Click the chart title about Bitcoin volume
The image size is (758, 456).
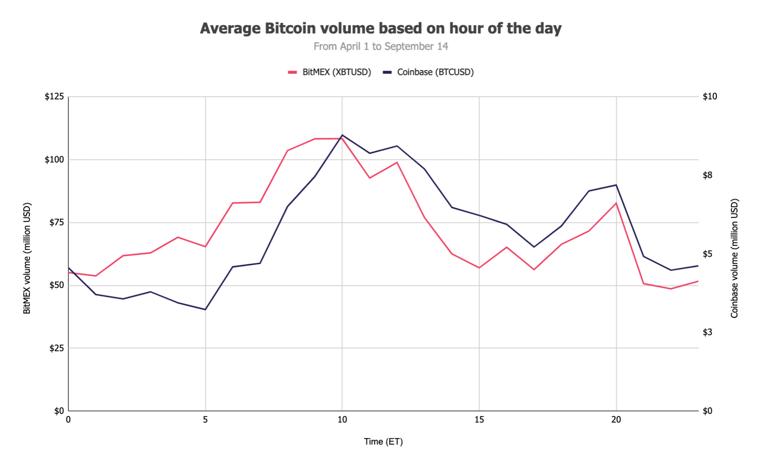(380, 28)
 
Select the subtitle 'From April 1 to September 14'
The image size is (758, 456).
(380, 46)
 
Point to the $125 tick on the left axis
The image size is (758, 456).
(54, 97)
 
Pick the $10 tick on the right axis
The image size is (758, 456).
(710, 97)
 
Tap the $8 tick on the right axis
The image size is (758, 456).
(707, 175)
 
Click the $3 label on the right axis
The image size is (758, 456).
(707, 332)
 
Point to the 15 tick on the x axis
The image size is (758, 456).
(479, 420)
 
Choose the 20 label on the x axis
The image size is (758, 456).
(616, 420)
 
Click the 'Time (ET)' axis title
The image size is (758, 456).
(383, 442)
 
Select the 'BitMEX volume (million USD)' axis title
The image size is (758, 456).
(27, 258)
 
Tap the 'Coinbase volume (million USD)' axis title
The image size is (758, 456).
(734, 258)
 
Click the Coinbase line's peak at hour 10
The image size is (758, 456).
(342, 135)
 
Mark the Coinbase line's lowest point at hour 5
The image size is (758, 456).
(205, 310)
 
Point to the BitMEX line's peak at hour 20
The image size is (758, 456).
(616, 203)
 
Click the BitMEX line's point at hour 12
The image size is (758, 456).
(397, 162)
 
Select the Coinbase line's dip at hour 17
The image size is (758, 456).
(534, 247)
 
